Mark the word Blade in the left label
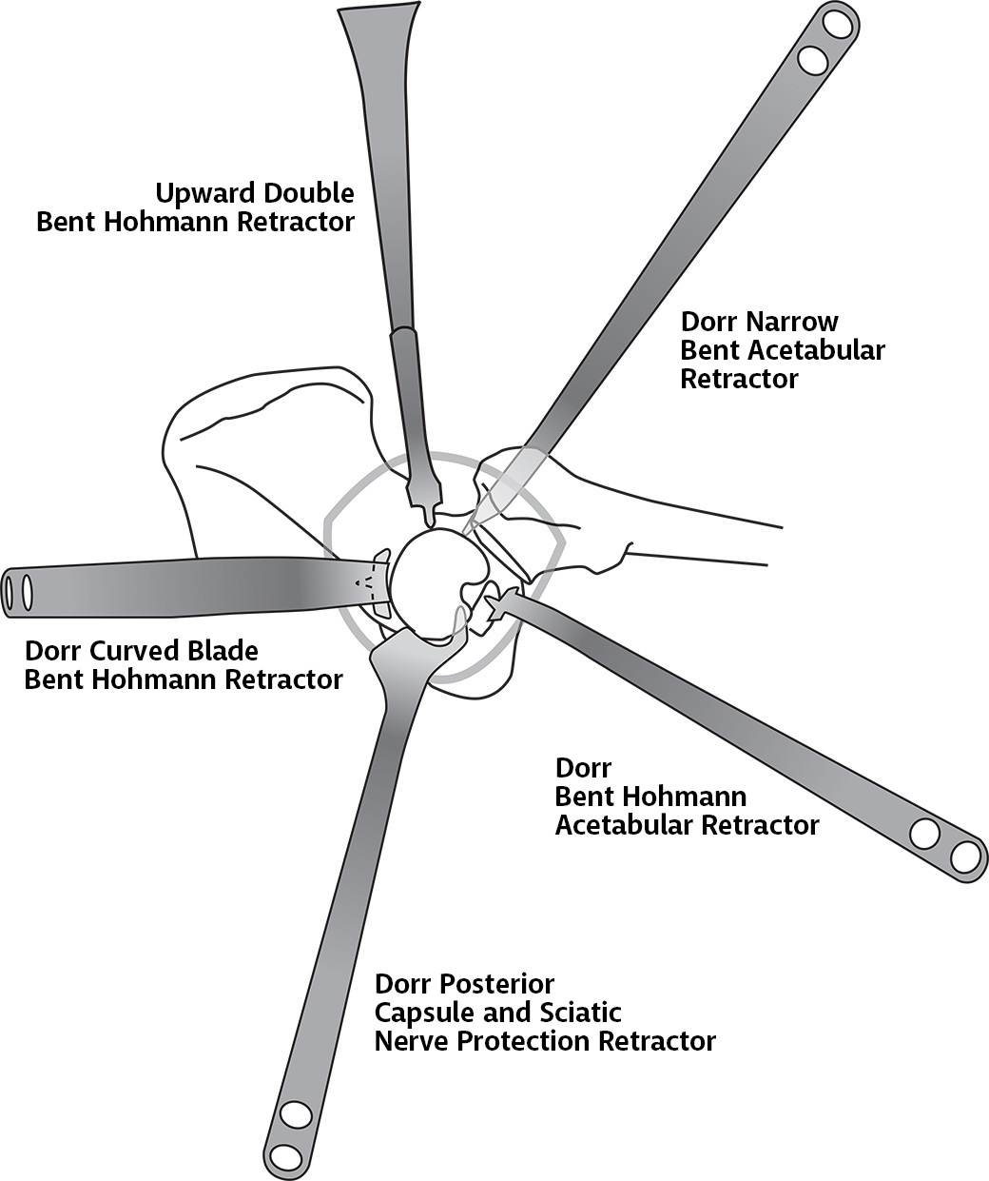228,652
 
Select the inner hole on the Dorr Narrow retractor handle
813,59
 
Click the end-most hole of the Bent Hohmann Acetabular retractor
965,856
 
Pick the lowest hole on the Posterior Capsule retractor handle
283,1156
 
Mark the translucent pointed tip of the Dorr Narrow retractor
499,489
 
